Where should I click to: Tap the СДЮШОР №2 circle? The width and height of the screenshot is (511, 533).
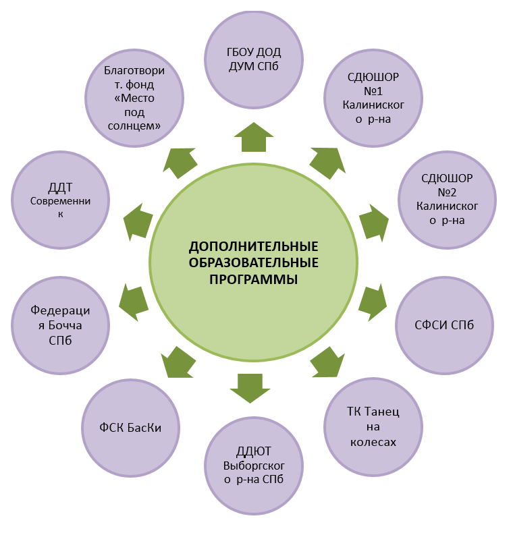(446, 199)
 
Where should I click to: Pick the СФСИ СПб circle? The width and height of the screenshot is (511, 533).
(444, 325)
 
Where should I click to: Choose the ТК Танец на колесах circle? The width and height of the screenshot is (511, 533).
(372, 426)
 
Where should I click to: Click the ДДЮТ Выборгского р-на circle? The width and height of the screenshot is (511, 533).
(252, 465)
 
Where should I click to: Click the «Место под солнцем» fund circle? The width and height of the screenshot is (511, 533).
(134, 97)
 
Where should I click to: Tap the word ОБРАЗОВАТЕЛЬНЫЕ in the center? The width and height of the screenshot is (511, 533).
(253, 262)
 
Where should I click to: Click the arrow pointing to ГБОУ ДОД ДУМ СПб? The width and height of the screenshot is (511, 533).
(252, 137)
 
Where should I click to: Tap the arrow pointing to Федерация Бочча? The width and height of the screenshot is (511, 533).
(133, 302)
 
